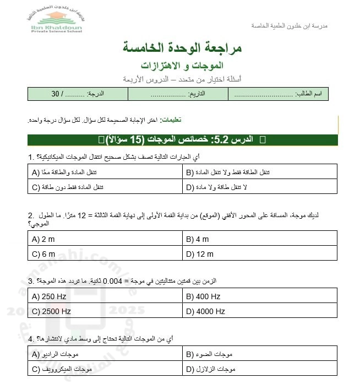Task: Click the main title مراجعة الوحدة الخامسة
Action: (x=183, y=48)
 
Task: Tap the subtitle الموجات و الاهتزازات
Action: (x=183, y=66)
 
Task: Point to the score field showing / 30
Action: (x=78, y=94)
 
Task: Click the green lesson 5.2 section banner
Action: (x=182, y=140)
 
